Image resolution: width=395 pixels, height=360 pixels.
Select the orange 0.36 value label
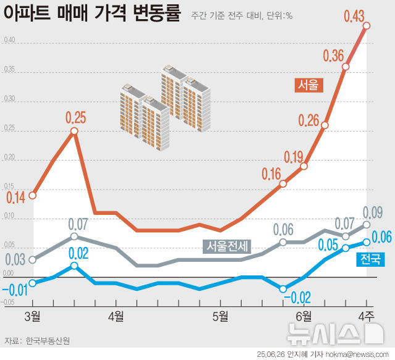(333, 56)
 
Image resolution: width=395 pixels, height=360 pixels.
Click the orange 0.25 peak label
(75, 117)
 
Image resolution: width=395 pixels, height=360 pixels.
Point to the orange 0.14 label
(16, 198)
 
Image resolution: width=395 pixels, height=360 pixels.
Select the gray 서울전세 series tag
(227, 246)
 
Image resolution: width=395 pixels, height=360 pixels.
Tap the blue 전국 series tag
(371, 259)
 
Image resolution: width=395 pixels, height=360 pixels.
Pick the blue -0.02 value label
(296, 298)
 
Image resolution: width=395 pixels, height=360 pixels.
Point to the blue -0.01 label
(14, 289)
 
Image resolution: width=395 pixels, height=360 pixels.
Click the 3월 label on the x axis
(33, 316)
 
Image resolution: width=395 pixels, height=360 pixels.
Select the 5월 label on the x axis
(219, 316)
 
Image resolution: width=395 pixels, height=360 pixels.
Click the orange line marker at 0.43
(367, 25)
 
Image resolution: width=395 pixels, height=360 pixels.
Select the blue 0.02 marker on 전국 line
(74, 266)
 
